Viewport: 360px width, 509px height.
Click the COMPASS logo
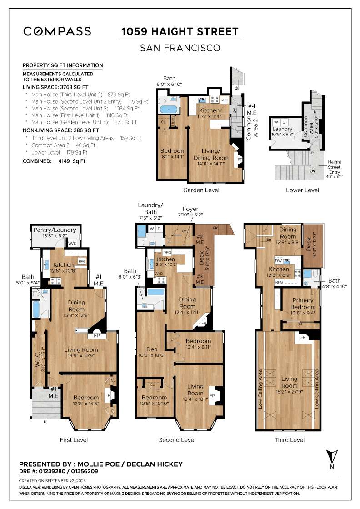[x=57, y=31]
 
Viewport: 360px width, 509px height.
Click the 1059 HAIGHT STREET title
[x=180, y=32]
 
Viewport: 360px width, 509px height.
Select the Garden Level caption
[x=201, y=190]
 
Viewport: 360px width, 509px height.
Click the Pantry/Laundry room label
[x=55, y=230]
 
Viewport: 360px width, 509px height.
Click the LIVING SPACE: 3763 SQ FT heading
[x=55, y=86]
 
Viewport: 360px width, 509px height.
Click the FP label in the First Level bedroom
[x=108, y=396]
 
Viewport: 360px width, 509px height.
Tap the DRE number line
[x=58, y=471]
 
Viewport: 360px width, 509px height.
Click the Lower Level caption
[x=302, y=190]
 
